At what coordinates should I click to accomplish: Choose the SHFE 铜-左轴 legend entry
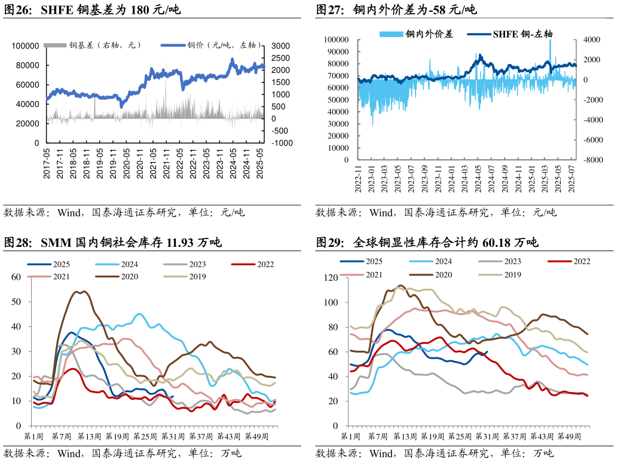pos(525,34)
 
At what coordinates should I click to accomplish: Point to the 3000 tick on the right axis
pos(280,46)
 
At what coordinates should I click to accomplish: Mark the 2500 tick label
pos(280,58)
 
